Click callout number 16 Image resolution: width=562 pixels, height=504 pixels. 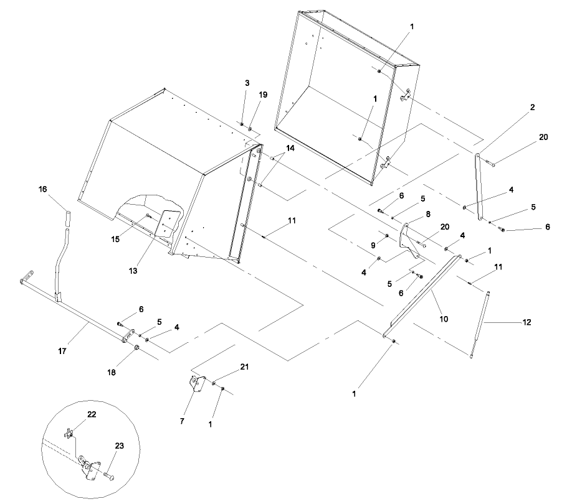click(43, 189)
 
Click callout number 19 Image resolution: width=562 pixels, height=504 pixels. click(263, 95)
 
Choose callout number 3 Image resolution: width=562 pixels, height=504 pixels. click(247, 83)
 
